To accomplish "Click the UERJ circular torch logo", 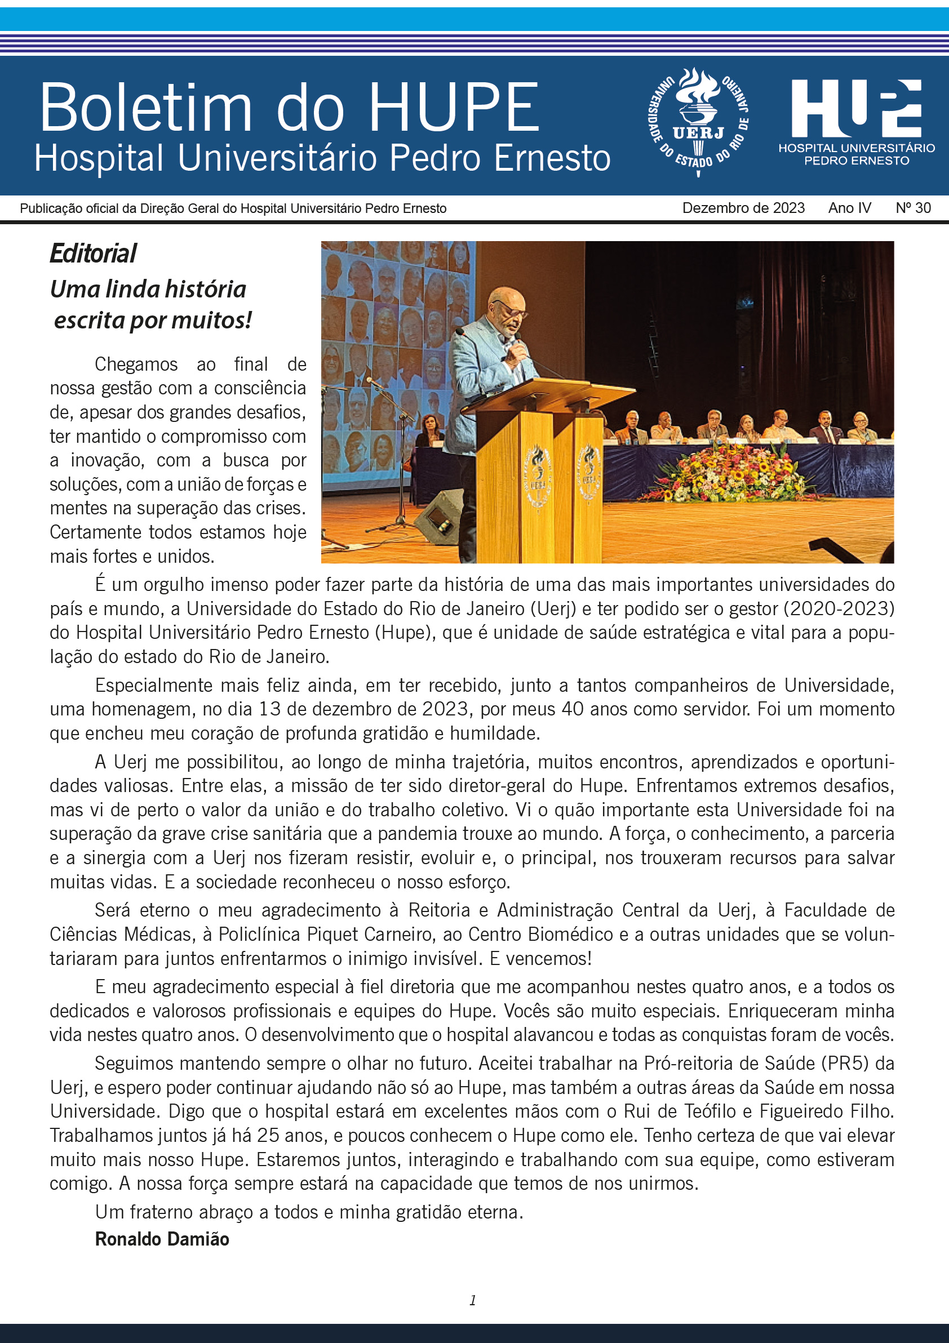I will (x=698, y=122).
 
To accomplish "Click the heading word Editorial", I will (x=92, y=254).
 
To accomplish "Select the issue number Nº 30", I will (x=913, y=208).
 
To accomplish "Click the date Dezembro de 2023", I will (x=743, y=208).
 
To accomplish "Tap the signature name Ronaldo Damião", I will (x=162, y=1238).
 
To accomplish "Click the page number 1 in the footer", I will (x=473, y=1300).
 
